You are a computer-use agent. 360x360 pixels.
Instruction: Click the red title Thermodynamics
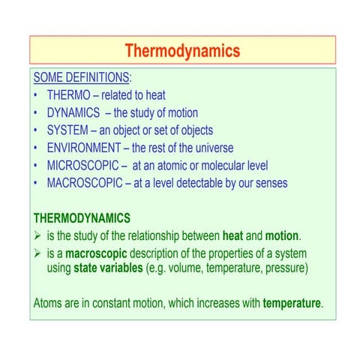(182, 51)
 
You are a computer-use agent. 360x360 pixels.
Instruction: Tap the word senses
(268, 182)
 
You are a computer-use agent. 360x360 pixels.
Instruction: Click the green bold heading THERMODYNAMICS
(82, 217)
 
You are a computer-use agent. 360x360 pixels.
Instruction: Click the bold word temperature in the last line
(291, 304)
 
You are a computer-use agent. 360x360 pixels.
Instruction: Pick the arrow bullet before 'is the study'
(38, 235)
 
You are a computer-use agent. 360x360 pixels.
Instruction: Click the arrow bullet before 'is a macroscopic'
(38, 253)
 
